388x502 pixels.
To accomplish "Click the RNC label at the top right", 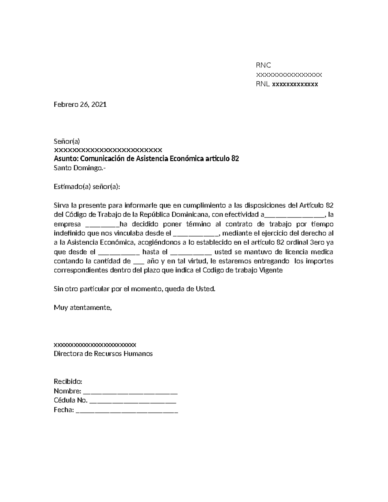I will coord(263,65).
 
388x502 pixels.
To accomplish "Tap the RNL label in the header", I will coord(263,84).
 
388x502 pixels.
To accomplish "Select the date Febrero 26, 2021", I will coord(80,104).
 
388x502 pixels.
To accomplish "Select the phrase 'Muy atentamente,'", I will coord(82,307).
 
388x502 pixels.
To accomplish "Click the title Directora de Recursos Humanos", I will coord(103,354).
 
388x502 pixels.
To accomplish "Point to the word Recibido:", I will coord(68,382).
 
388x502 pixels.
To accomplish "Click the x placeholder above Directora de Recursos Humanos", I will coord(95,344).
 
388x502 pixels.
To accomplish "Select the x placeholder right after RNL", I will coord(295,85).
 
